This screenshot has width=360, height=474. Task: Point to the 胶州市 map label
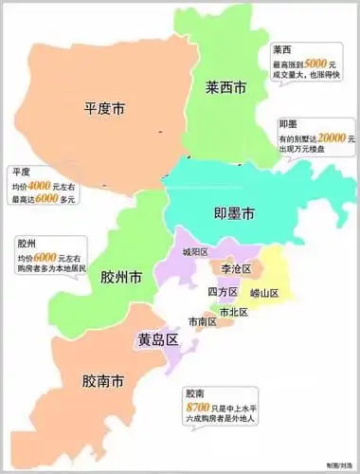coord(121,278)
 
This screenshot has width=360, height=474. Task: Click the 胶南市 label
coord(102,382)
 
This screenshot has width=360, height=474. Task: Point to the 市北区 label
coord(233,311)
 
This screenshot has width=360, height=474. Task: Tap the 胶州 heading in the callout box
coord(27,243)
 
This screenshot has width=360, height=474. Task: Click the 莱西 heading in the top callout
coord(281,49)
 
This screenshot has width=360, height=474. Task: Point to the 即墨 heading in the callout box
coord(290,123)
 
